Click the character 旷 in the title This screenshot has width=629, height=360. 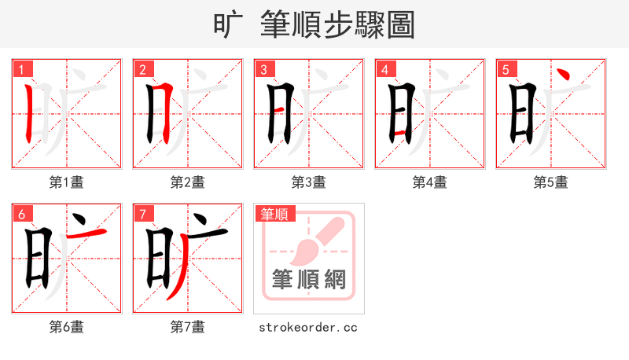(x=228, y=24)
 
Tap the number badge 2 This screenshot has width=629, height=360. (x=142, y=70)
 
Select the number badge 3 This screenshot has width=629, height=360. (x=263, y=70)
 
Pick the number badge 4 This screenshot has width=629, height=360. (x=384, y=70)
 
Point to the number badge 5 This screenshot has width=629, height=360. (x=506, y=70)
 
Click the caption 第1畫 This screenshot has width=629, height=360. (x=67, y=182)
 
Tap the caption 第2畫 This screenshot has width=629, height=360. (x=188, y=182)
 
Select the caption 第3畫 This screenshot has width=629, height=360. (x=309, y=182)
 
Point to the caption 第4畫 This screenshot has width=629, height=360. (x=430, y=182)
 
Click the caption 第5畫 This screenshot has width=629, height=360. (x=551, y=182)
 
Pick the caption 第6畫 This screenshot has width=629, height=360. (x=67, y=327)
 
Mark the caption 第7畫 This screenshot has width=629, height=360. (x=188, y=327)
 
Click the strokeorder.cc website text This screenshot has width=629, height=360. (x=308, y=327)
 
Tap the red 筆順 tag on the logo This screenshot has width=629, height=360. (x=274, y=214)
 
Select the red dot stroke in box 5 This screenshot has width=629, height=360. (x=563, y=75)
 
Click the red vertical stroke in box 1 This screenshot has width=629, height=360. (x=29, y=114)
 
